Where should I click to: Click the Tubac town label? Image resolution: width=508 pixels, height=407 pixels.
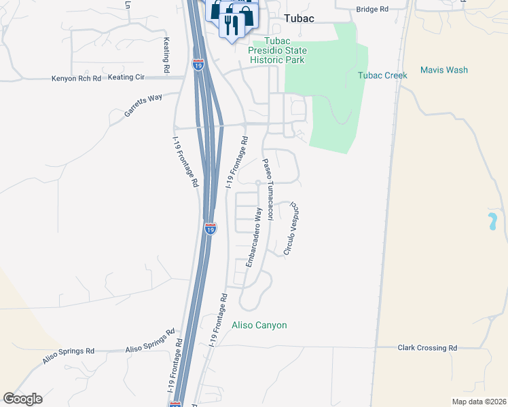[298, 18]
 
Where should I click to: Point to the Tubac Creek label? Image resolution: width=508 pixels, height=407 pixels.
[382, 75]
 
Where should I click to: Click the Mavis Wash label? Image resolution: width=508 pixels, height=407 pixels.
[443, 70]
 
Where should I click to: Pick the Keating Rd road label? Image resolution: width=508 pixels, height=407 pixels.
[166, 54]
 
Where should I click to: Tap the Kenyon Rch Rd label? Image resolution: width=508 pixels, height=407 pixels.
[76, 79]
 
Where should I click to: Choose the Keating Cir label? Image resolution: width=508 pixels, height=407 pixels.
[126, 77]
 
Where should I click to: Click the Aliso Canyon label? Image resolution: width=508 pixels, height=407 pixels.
[259, 326]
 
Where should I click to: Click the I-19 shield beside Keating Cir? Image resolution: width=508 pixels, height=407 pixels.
[198, 65]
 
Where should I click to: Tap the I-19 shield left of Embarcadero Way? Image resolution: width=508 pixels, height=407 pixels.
[211, 229]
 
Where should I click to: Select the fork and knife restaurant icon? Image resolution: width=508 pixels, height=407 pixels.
[234, 24]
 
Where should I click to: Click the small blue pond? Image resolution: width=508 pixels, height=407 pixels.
[490, 221]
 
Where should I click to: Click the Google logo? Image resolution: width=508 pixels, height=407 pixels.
[22, 399]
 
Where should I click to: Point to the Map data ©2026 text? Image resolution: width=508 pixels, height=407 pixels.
[478, 402]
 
